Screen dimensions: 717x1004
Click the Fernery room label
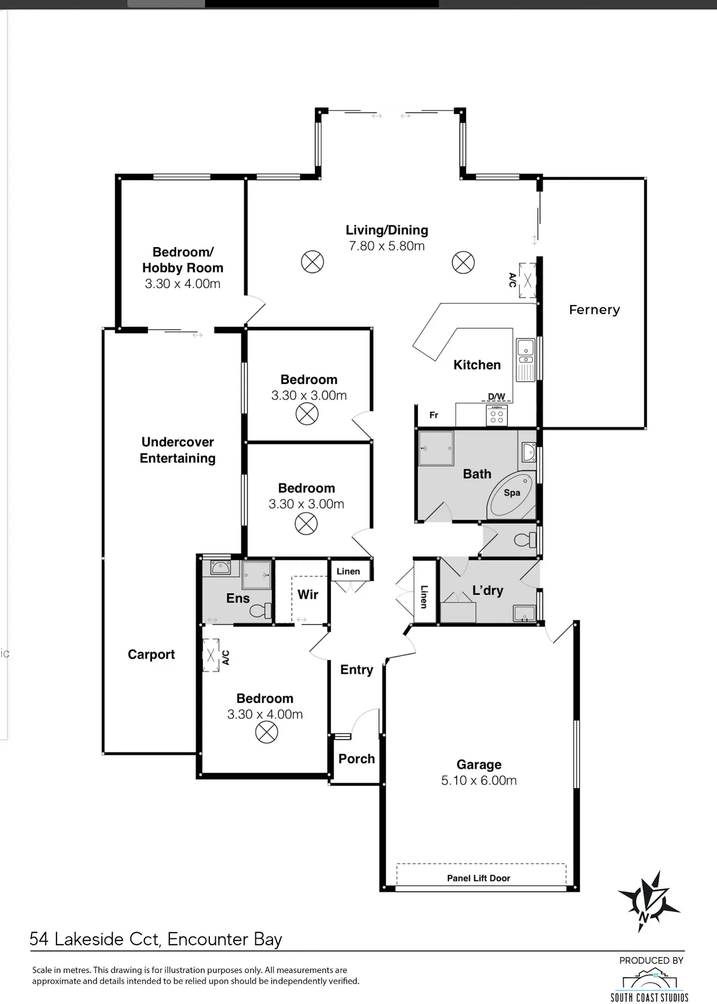tap(594, 310)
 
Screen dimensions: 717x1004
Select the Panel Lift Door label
tap(478, 878)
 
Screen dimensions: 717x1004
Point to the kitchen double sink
tap(526, 360)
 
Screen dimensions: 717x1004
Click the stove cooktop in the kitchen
tap(497, 415)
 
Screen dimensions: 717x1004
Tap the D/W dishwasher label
tap(496, 396)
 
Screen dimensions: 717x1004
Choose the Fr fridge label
tap(434, 415)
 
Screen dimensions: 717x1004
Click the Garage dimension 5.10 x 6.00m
tap(478, 780)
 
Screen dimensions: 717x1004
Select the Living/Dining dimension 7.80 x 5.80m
tap(387, 246)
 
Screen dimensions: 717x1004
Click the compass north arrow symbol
tap(649, 902)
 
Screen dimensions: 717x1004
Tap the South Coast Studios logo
tap(650, 985)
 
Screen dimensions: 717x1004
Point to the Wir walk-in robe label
tap(308, 594)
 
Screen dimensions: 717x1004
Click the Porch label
tap(357, 759)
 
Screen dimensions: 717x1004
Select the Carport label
tap(151, 655)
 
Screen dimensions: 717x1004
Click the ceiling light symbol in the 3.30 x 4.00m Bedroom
tap(266, 732)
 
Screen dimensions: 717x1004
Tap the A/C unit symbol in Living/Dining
tap(528, 281)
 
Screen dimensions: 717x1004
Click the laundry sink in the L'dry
tap(524, 613)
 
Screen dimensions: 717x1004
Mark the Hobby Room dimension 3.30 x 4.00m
tap(183, 284)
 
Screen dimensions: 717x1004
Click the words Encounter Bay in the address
tap(225, 939)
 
